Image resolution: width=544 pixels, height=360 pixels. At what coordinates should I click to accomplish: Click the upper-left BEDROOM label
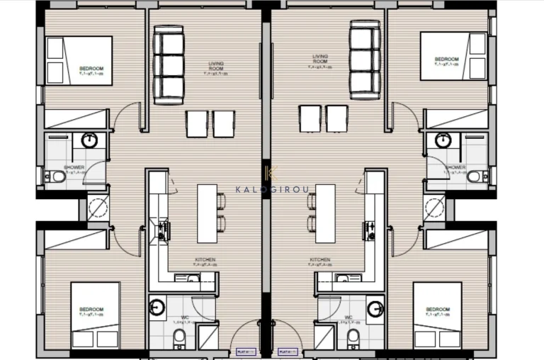pos(91,69)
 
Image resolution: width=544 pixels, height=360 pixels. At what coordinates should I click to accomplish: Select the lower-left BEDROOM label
pos(91,310)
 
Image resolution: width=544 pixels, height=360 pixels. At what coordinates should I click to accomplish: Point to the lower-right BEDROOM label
pos(437,310)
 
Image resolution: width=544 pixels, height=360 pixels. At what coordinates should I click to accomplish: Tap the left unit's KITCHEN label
pos(205,260)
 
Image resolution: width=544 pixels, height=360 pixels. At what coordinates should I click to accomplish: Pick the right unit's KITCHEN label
pos(320,260)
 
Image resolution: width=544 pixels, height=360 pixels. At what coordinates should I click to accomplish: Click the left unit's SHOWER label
pos(74,168)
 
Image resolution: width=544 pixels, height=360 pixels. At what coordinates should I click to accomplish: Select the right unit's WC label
pos(348,317)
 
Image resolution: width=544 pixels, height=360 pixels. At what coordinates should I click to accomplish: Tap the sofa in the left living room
pos(169,64)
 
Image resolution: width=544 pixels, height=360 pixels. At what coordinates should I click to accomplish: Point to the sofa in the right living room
pos(365,60)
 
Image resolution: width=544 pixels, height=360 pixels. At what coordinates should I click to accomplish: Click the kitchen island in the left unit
pos(207,213)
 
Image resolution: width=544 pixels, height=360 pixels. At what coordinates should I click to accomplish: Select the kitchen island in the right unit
pos(326,213)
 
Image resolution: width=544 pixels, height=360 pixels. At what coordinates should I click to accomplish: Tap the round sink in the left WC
pos(157,307)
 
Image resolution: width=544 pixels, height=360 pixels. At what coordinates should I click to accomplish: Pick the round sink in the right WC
pos(375,308)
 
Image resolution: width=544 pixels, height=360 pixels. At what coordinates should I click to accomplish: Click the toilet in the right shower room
pos(477,176)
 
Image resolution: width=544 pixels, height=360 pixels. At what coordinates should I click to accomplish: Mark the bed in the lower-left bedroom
pos(95,315)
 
